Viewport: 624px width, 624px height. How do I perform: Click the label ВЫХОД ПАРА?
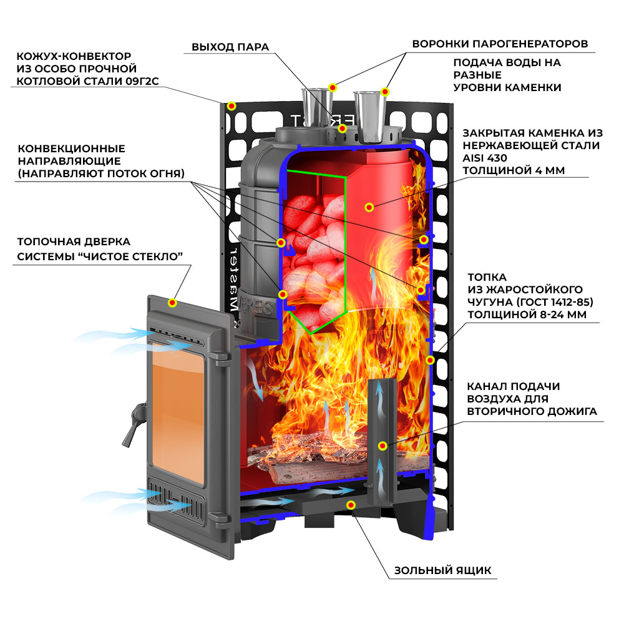(x=230, y=47)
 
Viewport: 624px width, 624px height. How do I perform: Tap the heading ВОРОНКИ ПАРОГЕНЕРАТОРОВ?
(x=500, y=44)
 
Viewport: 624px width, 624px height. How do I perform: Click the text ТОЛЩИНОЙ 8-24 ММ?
(x=527, y=315)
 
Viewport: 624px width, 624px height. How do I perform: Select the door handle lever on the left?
(x=133, y=424)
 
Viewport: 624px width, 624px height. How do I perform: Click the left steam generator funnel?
(x=316, y=106)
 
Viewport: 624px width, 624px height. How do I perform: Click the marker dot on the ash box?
(x=351, y=504)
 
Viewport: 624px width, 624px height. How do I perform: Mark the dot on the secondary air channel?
(x=381, y=445)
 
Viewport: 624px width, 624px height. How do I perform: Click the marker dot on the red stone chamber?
(x=369, y=206)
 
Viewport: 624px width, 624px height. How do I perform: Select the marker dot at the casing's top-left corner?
(x=232, y=106)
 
